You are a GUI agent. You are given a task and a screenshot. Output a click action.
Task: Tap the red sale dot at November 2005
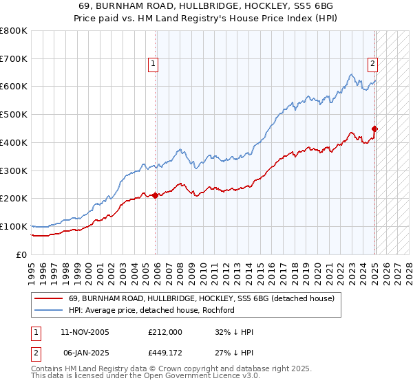tap(156, 195)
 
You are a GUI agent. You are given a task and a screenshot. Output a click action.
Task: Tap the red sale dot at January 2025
tap(375, 129)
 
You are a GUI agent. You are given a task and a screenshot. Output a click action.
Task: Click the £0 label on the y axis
tap(21, 254)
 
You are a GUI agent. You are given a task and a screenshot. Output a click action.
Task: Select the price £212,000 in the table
tap(164, 332)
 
